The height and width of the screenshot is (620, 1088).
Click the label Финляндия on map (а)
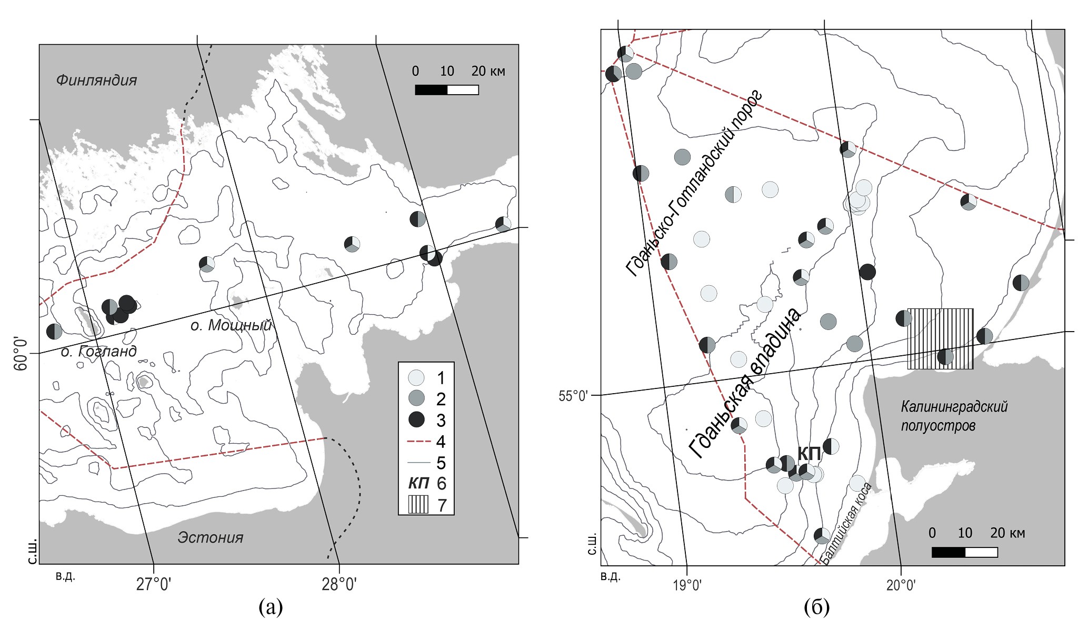coord(96,80)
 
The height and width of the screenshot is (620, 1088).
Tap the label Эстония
coord(211,537)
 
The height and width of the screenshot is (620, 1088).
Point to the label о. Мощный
coord(231,325)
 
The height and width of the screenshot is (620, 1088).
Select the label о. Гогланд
coord(99,351)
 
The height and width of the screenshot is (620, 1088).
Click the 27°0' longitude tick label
coord(153,585)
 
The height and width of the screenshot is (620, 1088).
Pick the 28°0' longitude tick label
coord(340,585)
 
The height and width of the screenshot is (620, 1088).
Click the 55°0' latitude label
coord(573,395)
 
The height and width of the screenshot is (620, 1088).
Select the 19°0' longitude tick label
coord(687,585)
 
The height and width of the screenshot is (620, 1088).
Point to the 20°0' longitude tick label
coord(901,585)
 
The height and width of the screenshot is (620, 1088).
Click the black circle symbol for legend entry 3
coord(416,419)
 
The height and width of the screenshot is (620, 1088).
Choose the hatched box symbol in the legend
coord(418,505)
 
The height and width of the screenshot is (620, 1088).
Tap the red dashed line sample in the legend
coord(419,442)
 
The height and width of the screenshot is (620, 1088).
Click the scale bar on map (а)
coord(447,90)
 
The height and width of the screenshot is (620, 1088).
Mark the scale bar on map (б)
coord(965,552)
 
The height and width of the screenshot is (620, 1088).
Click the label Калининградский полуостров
coord(954,416)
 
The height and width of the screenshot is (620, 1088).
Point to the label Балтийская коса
coord(846,523)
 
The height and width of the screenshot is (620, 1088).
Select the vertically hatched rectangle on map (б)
coord(941,339)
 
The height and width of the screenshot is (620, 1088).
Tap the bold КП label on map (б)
coord(809,453)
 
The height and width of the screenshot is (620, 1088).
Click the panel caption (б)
coord(817,607)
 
